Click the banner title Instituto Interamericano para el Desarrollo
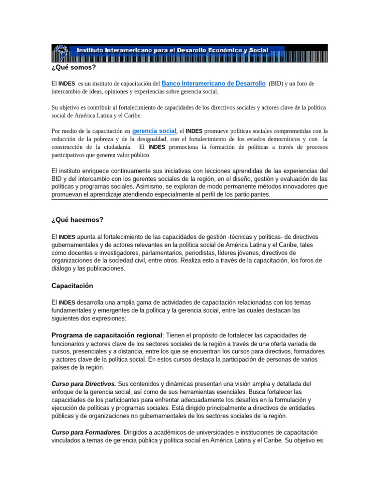point(169,51)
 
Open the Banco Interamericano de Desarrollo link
point(214,84)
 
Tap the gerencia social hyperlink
point(154,131)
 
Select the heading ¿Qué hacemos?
point(77,220)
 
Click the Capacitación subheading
point(72,286)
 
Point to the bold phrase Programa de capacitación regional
point(107,335)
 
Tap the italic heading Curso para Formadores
point(85,433)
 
